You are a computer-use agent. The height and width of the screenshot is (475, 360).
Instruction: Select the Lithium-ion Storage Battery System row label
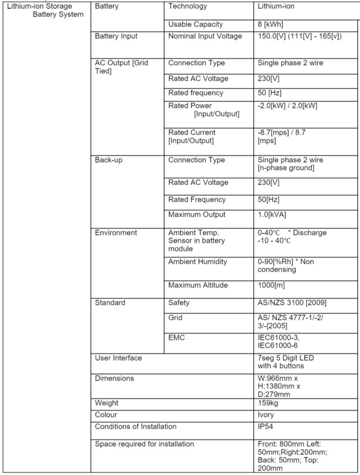click(46, 10)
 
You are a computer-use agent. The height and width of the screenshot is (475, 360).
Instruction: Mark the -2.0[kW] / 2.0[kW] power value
click(287, 105)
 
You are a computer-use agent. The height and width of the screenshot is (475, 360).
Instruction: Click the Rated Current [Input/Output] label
click(192, 137)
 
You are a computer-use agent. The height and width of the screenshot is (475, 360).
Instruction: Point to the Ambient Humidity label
click(198, 262)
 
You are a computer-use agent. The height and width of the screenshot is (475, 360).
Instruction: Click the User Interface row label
click(118, 358)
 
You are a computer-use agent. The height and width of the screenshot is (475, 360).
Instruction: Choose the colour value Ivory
click(266, 414)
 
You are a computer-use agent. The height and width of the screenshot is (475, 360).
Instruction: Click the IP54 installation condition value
click(267, 427)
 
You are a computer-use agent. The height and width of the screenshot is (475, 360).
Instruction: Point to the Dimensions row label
click(114, 378)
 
